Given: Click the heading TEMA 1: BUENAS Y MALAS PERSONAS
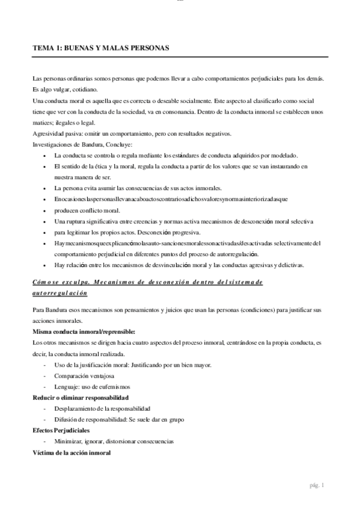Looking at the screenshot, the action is pos(101,47).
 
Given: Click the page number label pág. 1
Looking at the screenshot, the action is pos(316,485).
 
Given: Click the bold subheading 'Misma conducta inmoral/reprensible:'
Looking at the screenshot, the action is pos(84,331).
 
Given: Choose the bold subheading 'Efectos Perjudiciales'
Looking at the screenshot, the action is pos(61,431).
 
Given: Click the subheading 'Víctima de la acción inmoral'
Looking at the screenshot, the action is pos(72,452).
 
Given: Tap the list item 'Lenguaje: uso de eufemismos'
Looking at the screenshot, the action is pos(96,386).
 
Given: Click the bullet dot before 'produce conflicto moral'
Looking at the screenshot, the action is pos(47,210).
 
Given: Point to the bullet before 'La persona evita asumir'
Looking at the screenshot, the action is pos(47,188).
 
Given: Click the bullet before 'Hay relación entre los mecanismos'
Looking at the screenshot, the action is pos(47,265).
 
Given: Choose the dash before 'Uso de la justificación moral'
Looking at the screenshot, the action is pos(46,364).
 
